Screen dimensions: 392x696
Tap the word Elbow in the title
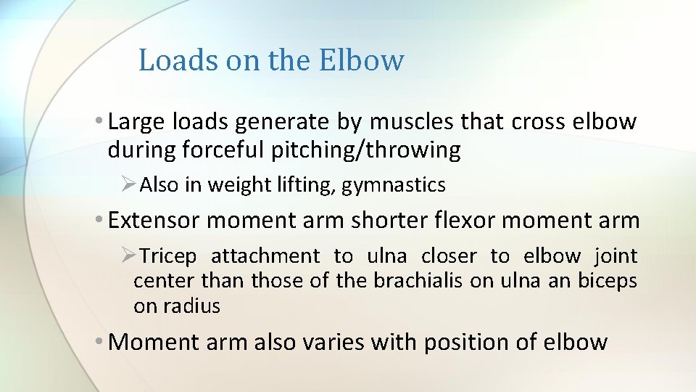(360, 60)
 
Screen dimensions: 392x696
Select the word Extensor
(154, 220)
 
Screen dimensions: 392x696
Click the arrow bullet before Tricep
(128, 256)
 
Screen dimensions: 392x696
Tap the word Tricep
(167, 256)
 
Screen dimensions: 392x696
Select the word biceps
(608, 281)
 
